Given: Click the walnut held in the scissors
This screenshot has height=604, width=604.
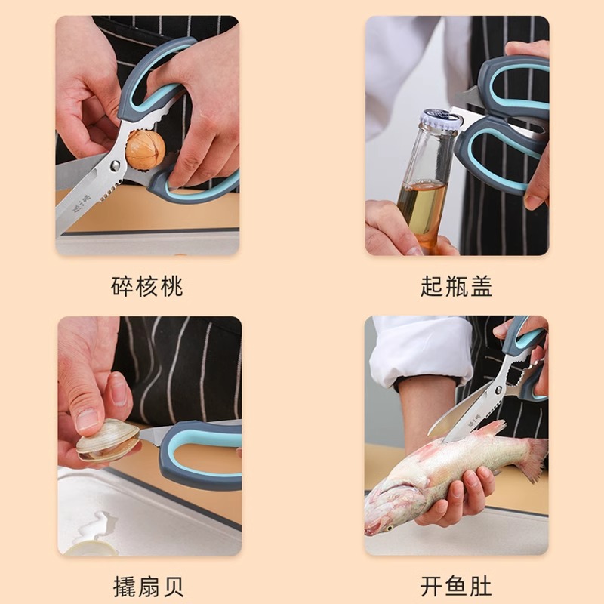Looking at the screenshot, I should [145, 149].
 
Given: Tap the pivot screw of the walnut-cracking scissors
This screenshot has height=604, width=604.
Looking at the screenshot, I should [115, 165].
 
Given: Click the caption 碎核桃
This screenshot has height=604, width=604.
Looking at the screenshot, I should [147, 287].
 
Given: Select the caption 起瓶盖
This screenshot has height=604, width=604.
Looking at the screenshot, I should [457, 287].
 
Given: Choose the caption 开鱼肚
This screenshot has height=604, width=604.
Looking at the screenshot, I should [457, 586].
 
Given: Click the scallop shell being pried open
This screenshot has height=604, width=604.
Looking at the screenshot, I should [108, 441].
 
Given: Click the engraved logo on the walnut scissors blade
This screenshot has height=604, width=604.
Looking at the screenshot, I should [82, 202].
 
